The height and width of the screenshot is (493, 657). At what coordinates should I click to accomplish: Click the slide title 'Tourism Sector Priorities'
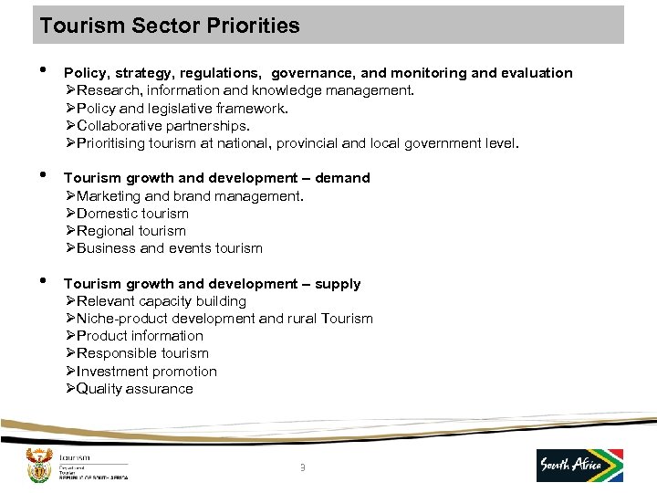[170, 26]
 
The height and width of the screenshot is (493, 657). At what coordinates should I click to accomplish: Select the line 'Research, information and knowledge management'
[245, 90]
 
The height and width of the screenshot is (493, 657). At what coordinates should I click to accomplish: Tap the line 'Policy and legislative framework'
[182, 108]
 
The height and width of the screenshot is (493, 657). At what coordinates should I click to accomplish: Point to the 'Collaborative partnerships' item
[163, 125]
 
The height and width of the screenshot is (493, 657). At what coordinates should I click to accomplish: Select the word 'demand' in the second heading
[342, 178]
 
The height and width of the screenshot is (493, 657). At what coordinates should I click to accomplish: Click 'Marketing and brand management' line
[190, 196]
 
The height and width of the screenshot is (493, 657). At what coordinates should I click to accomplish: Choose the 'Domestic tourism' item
[132, 214]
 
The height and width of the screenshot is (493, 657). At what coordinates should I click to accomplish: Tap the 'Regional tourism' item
[130, 231]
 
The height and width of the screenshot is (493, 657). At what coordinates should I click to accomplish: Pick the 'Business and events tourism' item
[169, 248]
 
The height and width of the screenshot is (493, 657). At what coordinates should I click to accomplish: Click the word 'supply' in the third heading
[338, 284]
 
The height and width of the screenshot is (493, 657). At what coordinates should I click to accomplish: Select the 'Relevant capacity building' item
[162, 301]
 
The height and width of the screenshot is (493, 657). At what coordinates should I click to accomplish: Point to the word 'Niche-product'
[120, 319]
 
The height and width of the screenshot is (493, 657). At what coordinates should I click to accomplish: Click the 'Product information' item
[140, 336]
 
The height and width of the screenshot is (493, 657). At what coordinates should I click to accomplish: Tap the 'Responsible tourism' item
[142, 353]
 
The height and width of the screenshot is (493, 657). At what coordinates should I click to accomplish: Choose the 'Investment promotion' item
[146, 372]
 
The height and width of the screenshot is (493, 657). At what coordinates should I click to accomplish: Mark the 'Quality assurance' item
[134, 389]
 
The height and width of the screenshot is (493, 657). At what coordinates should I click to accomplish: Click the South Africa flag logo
[579, 465]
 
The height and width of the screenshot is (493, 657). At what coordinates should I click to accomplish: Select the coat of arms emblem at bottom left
[38, 465]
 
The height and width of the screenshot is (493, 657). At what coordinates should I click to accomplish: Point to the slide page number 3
[302, 469]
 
